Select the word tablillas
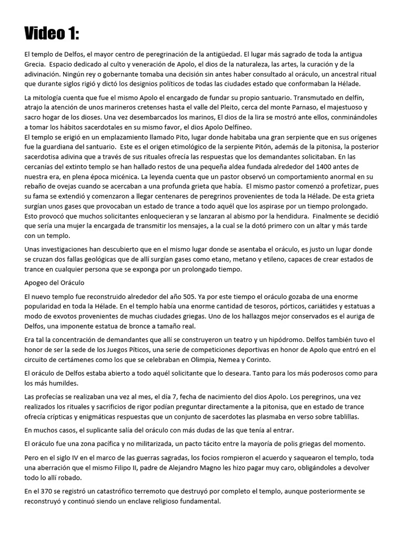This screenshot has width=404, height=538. (342, 416)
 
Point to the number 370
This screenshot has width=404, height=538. (43, 491)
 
